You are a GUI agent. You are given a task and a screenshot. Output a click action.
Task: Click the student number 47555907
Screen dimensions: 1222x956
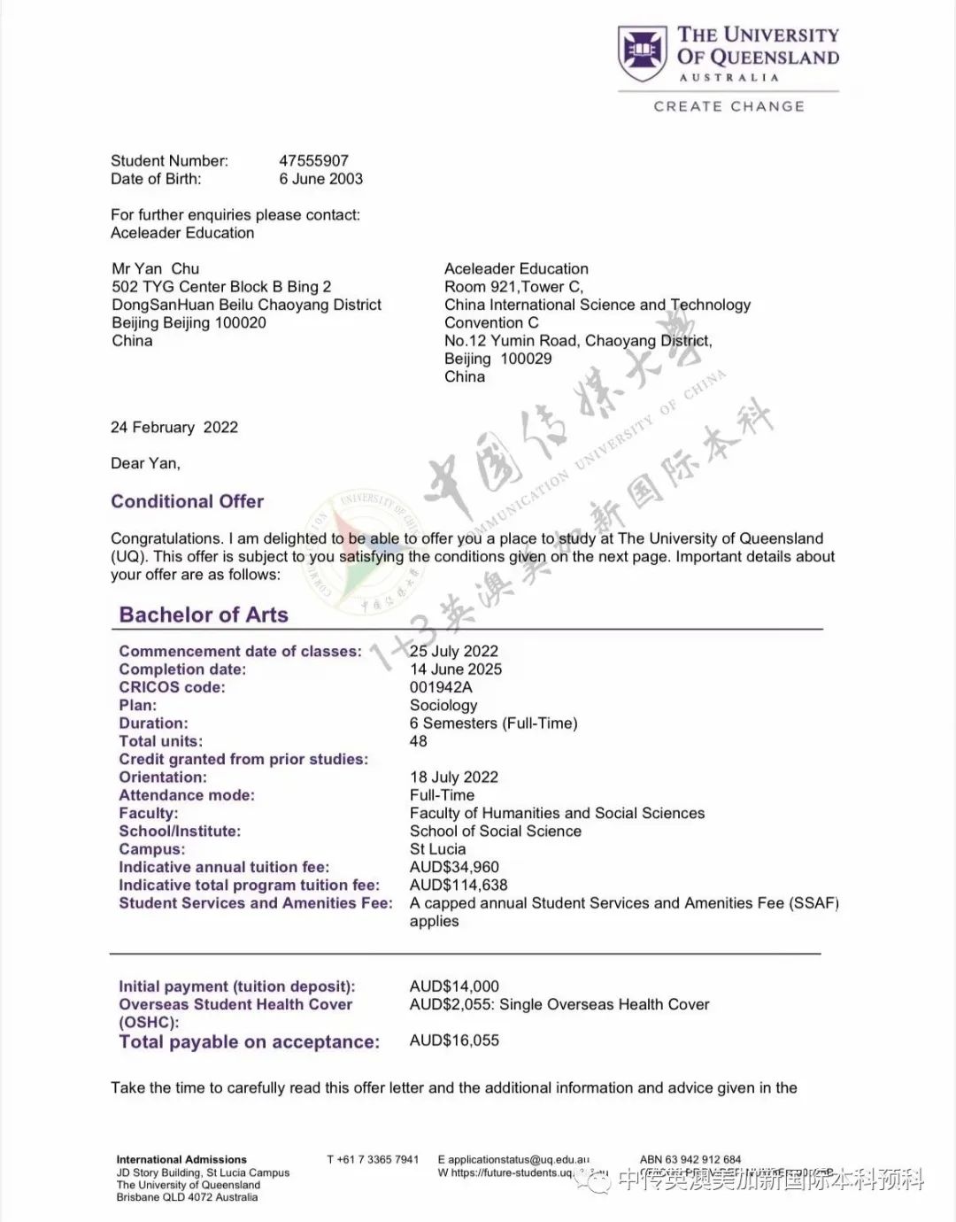tap(313, 161)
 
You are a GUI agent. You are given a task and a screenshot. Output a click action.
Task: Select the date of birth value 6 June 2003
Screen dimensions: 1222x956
tap(320, 179)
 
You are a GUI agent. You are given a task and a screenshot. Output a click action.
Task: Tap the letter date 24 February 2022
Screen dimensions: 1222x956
tap(174, 428)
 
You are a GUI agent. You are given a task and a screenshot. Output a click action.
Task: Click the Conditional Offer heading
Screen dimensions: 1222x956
tap(187, 502)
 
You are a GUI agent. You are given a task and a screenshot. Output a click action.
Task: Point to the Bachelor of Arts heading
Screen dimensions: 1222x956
tap(204, 615)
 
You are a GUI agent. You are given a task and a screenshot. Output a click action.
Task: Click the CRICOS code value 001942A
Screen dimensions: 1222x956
tap(441, 688)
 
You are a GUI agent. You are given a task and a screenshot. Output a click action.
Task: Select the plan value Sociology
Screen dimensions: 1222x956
tap(443, 706)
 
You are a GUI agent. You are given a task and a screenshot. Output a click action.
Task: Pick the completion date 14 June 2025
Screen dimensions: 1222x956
tap(455, 669)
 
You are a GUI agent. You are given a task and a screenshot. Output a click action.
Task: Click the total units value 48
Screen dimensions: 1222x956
tap(418, 742)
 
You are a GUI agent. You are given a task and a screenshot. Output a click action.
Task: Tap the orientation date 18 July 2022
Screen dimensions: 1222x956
tap(453, 777)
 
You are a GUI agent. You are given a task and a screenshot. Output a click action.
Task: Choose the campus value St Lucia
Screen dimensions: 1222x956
tap(437, 849)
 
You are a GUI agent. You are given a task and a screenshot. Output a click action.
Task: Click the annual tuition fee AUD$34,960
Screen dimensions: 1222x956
tap(454, 868)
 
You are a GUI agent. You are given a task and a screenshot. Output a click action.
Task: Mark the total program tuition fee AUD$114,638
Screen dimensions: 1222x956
tap(459, 886)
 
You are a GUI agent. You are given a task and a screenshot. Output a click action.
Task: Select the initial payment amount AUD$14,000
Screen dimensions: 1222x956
tap(454, 986)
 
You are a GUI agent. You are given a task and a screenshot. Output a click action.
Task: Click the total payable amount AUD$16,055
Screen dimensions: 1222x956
tap(454, 1040)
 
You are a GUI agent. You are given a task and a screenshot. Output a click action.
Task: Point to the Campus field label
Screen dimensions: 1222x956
tap(152, 849)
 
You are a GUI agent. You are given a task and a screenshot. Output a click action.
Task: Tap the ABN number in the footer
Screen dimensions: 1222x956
tap(690, 1159)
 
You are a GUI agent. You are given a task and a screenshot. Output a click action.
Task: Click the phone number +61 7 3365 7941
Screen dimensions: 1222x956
tap(373, 1159)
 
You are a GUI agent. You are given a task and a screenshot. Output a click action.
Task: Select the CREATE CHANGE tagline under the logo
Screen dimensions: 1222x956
tap(729, 106)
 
